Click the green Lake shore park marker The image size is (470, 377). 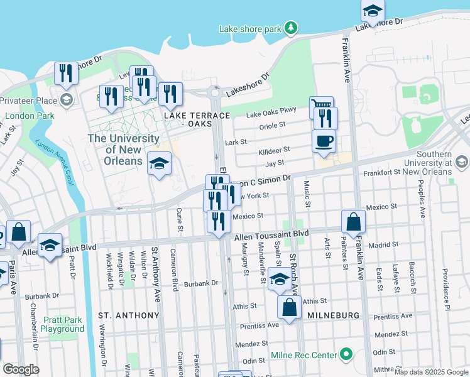290,28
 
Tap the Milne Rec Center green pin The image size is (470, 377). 345,355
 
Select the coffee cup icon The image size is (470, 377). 324,141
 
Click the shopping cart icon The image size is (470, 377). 321,107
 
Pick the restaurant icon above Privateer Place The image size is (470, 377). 66,73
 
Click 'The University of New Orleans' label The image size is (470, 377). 123,150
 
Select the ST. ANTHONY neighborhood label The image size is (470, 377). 129,315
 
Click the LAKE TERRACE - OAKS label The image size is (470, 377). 189,120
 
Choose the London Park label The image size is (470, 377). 29,116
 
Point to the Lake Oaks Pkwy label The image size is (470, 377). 271,114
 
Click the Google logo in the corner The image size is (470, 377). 21,369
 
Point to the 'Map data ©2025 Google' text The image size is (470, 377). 430,372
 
